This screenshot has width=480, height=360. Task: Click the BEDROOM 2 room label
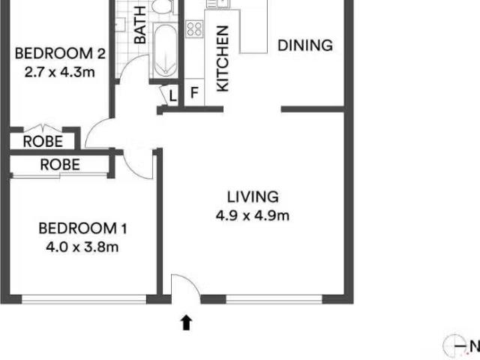(x=60, y=53)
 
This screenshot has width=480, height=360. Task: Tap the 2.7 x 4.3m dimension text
(x=60, y=73)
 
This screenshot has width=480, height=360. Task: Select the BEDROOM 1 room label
(x=82, y=229)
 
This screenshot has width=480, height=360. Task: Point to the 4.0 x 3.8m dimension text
(x=82, y=247)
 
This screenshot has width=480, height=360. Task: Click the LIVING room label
(x=253, y=196)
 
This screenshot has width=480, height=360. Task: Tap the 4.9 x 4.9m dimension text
(x=253, y=216)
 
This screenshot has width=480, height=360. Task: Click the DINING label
(x=305, y=46)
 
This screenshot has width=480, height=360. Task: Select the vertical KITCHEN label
(x=223, y=58)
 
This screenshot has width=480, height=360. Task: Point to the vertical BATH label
(x=140, y=25)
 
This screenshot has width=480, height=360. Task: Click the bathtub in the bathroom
(x=165, y=50)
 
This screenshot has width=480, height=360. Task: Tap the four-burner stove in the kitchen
(x=194, y=29)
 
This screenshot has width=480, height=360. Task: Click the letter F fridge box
(x=194, y=92)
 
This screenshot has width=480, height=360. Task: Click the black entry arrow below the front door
(x=186, y=323)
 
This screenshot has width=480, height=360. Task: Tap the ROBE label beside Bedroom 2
(x=43, y=142)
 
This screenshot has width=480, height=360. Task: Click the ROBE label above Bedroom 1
(x=60, y=165)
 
